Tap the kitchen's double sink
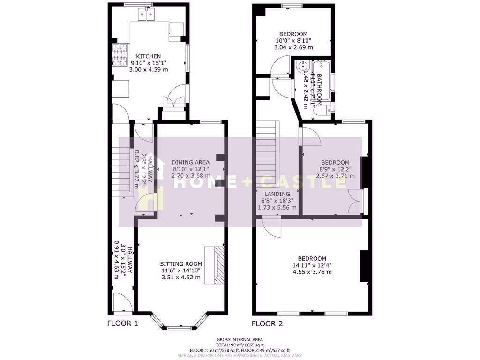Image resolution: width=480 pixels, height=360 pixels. tap(146, 16)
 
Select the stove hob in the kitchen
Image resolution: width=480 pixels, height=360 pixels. tap(119, 54)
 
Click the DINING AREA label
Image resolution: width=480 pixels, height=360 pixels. tap(190, 162)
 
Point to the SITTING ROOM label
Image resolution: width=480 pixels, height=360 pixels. tap(180, 263)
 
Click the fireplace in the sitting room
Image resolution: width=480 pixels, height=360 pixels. tap(219, 265)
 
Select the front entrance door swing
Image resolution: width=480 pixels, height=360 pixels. tap(120, 302)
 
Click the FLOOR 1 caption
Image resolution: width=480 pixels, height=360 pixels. tap(123, 323)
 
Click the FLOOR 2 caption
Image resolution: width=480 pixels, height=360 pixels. tap(267, 323)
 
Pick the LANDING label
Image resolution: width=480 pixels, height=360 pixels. tap(277, 194)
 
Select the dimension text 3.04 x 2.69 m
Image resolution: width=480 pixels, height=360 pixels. tap(293, 47)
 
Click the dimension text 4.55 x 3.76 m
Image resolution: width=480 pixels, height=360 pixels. tap(312, 272)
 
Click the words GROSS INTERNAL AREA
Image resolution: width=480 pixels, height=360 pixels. tap(240, 339)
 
